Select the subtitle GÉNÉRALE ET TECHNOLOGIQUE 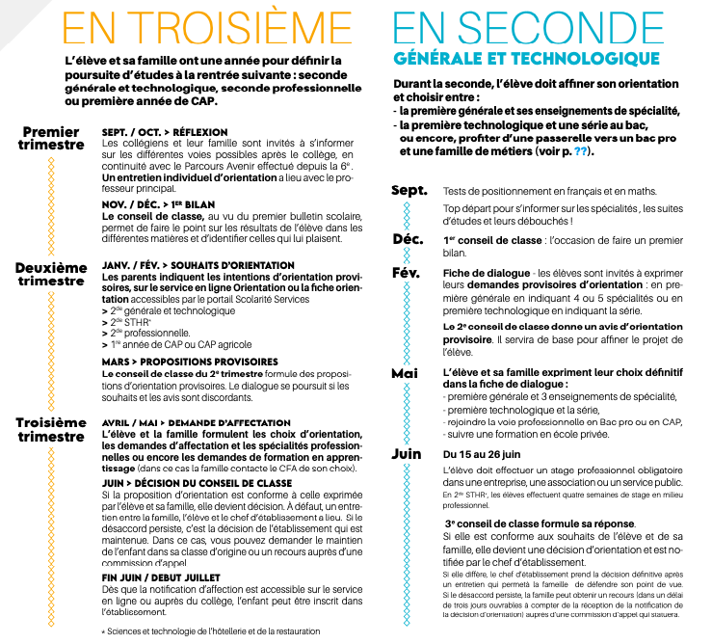526,59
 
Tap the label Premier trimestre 51,138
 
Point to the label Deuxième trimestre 51,274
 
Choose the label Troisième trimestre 51,429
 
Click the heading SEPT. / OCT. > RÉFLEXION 165,132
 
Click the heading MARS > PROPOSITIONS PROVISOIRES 176,362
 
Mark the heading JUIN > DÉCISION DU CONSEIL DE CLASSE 198,482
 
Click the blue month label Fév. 408,273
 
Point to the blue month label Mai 406,372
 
